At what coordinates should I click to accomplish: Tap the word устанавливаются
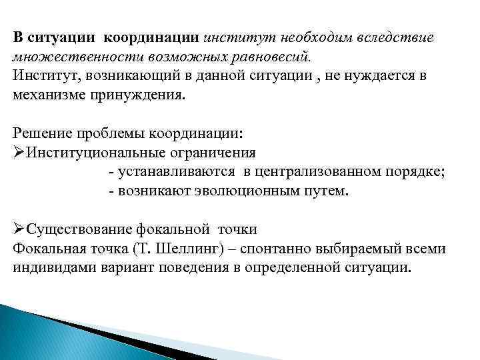click(175, 171)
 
